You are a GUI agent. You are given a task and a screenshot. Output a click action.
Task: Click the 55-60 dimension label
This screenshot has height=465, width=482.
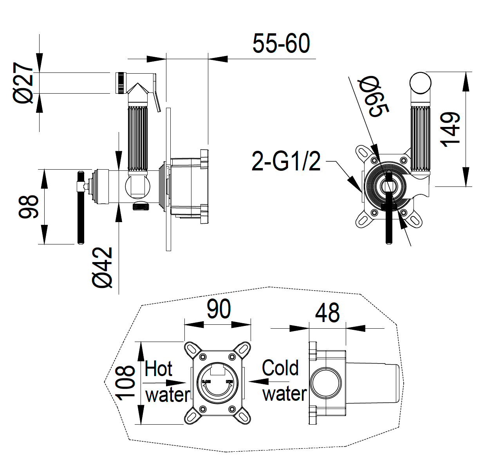pos(281,43)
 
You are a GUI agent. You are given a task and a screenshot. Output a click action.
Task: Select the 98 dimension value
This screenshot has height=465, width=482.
pos(29,206)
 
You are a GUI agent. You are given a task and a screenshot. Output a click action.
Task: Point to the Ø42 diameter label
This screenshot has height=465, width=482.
pos(103,268)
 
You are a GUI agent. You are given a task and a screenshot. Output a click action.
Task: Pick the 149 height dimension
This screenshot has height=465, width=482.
pos(450,129)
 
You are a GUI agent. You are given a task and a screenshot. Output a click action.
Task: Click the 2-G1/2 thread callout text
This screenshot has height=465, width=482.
pos(286,161)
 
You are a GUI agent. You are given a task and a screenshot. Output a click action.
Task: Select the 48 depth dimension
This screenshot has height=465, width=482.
pos(327,313)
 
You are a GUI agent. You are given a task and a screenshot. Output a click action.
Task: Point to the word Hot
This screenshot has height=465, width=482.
pos(159,369)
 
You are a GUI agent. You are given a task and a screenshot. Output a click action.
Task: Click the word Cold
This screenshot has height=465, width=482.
pos(280,368)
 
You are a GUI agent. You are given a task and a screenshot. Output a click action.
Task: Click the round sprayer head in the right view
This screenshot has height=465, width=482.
pos(420,83)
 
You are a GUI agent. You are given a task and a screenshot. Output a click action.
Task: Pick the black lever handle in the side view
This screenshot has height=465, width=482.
pos(81,208)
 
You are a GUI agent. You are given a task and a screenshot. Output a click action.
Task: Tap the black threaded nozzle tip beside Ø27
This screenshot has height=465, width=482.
pos(121,83)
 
